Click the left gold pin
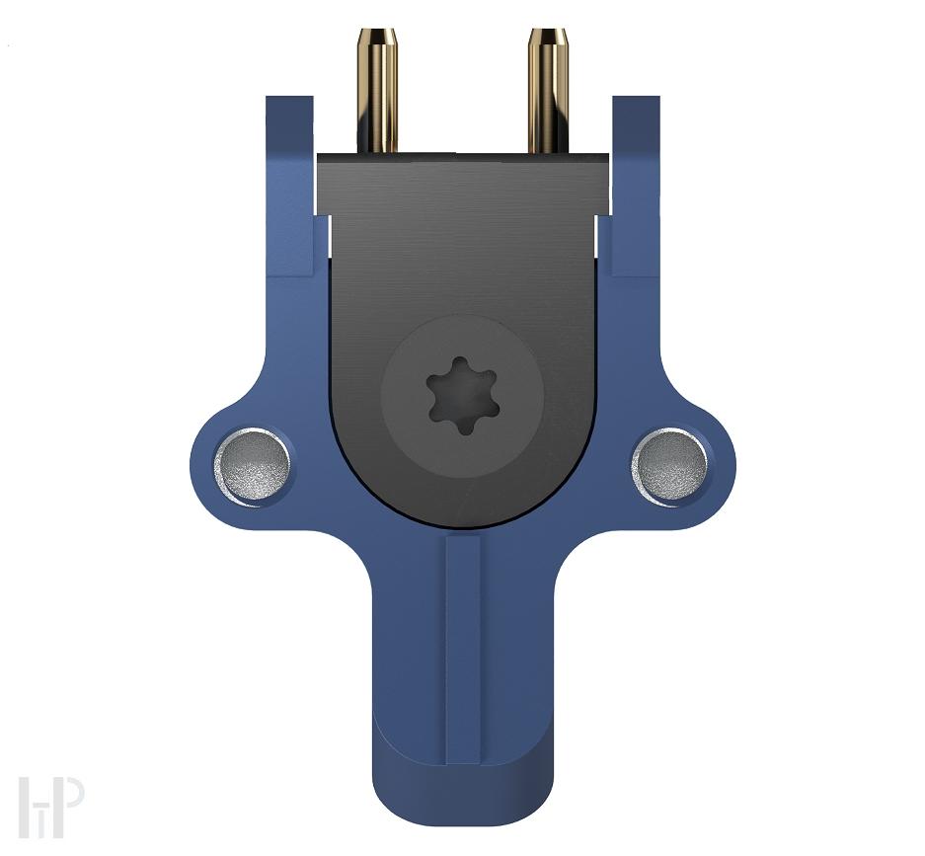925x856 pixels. pyautogui.click(x=377, y=94)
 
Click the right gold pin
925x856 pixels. pyautogui.click(x=547, y=94)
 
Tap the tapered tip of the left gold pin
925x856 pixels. pyautogui.click(x=377, y=38)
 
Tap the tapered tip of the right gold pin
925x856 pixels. pyautogui.click(x=547, y=38)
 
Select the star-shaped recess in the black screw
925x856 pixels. pyautogui.click(x=461, y=396)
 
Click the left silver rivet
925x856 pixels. pyautogui.click(x=253, y=465)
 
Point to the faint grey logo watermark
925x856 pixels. pyautogui.click(x=49, y=808)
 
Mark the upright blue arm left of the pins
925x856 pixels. pyautogui.click(x=288, y=183)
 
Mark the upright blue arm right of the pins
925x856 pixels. pyautogui.click(x=636, y=183)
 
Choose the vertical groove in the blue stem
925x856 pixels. pyautogui.click(x=463, y=652)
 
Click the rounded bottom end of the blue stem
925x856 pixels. pyautogui.click(x=463, y=805)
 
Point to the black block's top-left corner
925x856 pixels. pyautogui.click(x=320, y=156)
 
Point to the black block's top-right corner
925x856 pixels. pyautogui.click(x=606, y=156)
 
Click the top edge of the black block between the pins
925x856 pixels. pyautogui.click(x=462, y=154)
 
